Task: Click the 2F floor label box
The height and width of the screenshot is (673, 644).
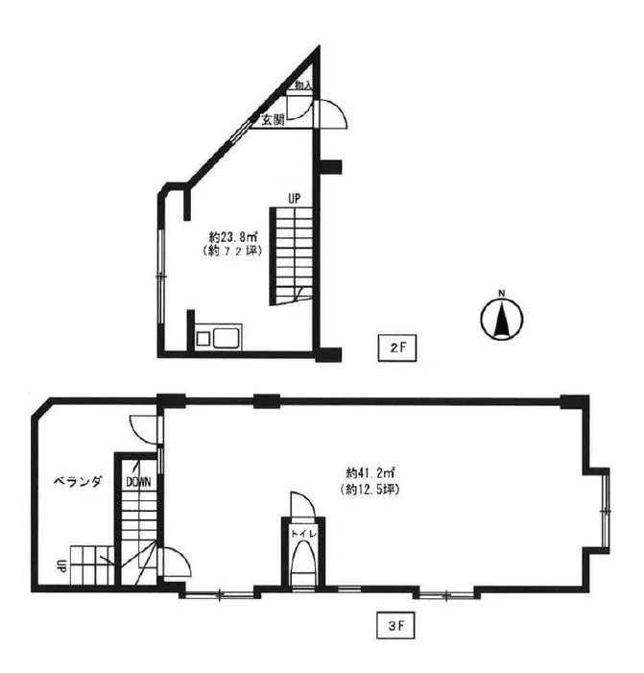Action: [397, 348]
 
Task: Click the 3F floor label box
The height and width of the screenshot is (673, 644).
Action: [396, 626]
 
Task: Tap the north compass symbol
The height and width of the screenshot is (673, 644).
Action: [501, 319]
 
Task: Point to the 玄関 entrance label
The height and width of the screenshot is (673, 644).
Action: [274, 120]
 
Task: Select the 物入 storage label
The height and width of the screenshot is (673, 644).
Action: [303, 85]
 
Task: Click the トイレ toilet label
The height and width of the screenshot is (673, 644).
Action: [304, 534]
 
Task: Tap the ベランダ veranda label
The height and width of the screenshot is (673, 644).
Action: [78, 481]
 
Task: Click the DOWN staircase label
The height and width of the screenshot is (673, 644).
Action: [138, 482]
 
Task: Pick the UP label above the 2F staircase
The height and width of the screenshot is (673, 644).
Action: [294, 199]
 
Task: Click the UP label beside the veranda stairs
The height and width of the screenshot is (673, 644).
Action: [60, 565]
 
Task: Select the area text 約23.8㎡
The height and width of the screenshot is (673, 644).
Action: [233, 236]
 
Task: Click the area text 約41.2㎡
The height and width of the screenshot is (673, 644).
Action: [370, 473]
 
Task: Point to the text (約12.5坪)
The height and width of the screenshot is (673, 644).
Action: [370, 489]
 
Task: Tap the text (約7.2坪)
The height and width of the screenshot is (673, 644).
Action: [232, 251]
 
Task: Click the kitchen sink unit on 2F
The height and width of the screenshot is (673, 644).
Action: [219, 337]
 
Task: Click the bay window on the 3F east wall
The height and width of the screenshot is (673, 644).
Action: [605, 511]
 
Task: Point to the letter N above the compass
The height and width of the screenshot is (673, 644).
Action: [501, 294]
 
